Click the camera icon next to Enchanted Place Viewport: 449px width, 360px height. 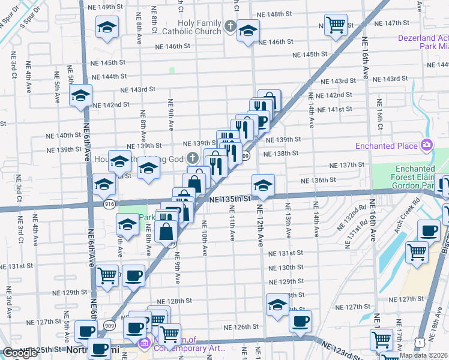point(427,145)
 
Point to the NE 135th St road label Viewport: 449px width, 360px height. point(229,199)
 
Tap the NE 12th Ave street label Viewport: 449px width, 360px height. point(261,222)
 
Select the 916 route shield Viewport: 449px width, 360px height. point(109,204)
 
